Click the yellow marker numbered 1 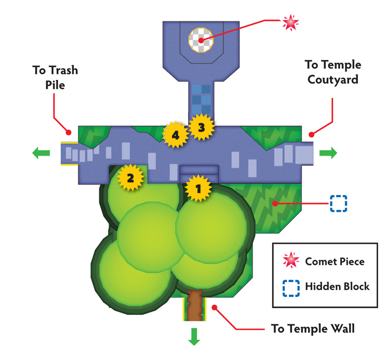(x=198, y=188)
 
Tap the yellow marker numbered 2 (x=130, y=178)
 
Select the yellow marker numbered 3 (x=201, y=127)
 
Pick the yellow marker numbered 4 (x=175, y=135)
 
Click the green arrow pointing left (x=41, y=153)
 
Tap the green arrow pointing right (x=329, y=153)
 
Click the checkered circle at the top (x=201, y=40)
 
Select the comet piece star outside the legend (x=290, y=22)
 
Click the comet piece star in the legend (x=291, y=260)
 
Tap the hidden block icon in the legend (x=291, y=288)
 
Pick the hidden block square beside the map (x=339, y=203)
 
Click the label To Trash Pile (x=55, y=78)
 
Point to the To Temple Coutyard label (x=333, y=72)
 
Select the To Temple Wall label (x=313, y=329)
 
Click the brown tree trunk (x=195, y=305)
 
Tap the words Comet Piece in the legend (x=335, y=261)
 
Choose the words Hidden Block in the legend (x=337, y=287)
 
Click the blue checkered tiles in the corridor (x=201, y=99)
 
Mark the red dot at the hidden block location (x=275, y=203)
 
